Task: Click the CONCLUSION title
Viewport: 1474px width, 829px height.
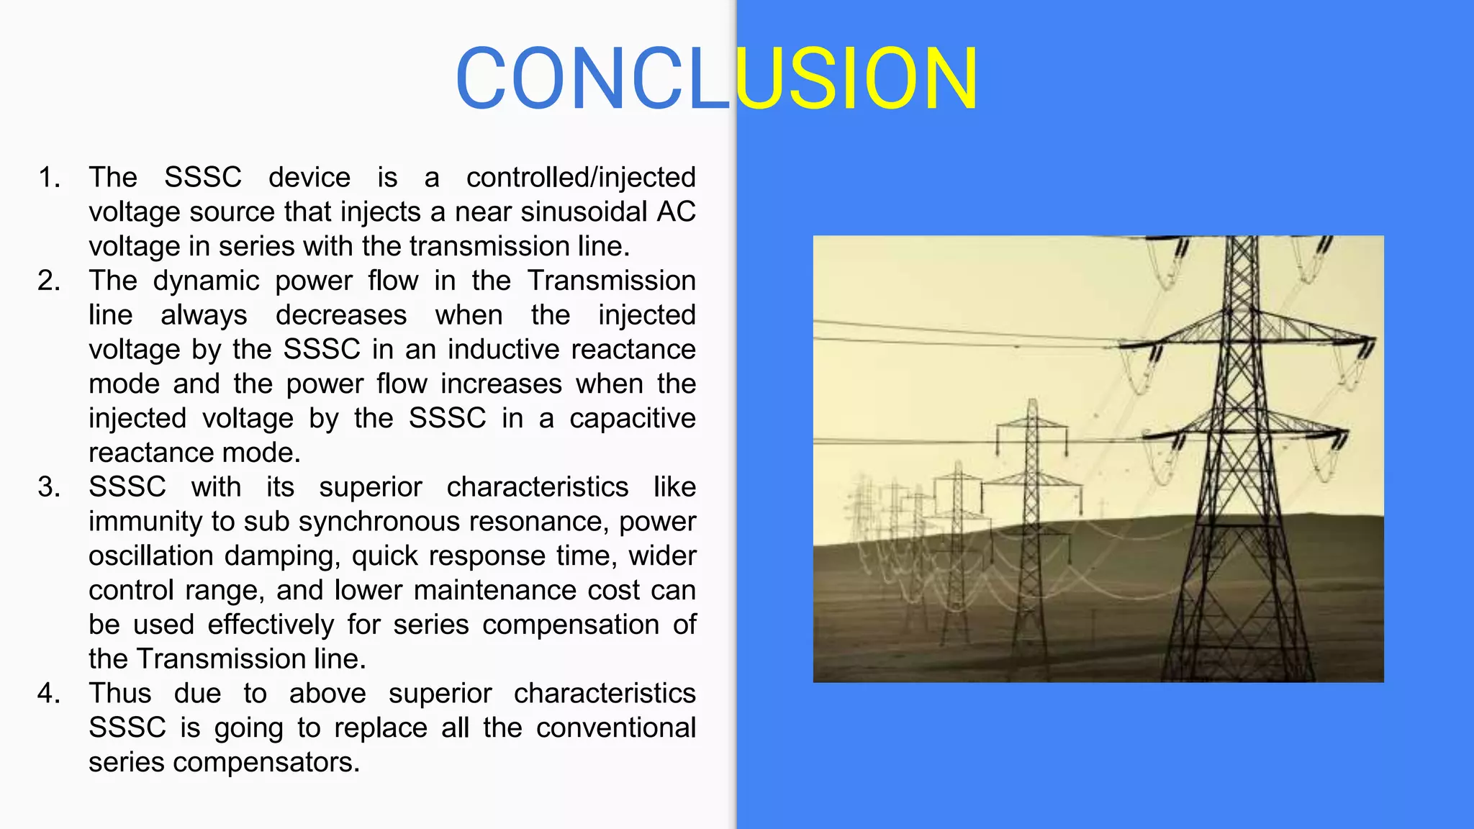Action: pos(716,78)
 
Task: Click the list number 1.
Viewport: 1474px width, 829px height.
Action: pos(49,178)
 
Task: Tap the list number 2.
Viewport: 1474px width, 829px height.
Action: pos(49,281)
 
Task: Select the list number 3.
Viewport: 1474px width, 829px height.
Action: pos(49,487)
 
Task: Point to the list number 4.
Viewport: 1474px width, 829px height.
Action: pos(49,694)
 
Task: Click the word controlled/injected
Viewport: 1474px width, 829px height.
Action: pos(581,178)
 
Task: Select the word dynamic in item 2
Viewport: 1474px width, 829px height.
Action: pos(206,281)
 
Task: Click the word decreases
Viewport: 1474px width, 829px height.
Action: pos(341,315)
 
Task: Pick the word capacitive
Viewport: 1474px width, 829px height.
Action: pos(633,419)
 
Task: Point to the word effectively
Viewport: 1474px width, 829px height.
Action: pos(271,625)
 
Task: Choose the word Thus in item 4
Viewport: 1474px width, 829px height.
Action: pos(120,694)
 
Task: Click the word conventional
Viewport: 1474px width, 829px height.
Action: pos(616,728)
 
